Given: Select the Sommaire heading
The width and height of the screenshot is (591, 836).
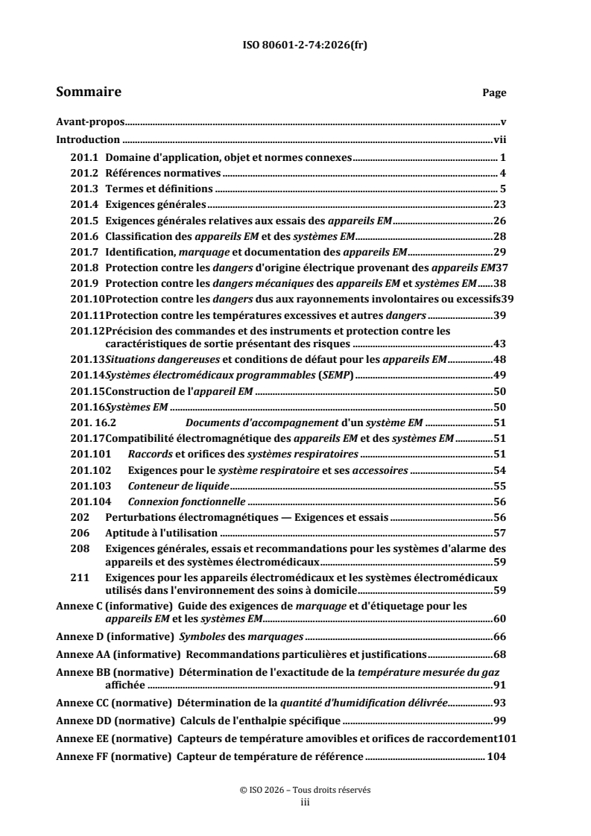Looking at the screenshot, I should point(89,92).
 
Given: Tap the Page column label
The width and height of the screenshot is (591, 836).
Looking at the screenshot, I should point(494,94).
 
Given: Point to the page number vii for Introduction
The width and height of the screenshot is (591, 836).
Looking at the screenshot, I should point(500,139).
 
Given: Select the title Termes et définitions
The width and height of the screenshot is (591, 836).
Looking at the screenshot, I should point(159,189).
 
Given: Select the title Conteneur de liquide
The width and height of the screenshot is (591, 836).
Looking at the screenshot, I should point(168,486).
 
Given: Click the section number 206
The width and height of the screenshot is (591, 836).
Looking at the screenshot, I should point(79,533).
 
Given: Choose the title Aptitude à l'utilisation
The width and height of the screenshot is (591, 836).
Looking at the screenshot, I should point(162,533).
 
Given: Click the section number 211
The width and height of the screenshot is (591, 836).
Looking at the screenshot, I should point(79,577).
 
